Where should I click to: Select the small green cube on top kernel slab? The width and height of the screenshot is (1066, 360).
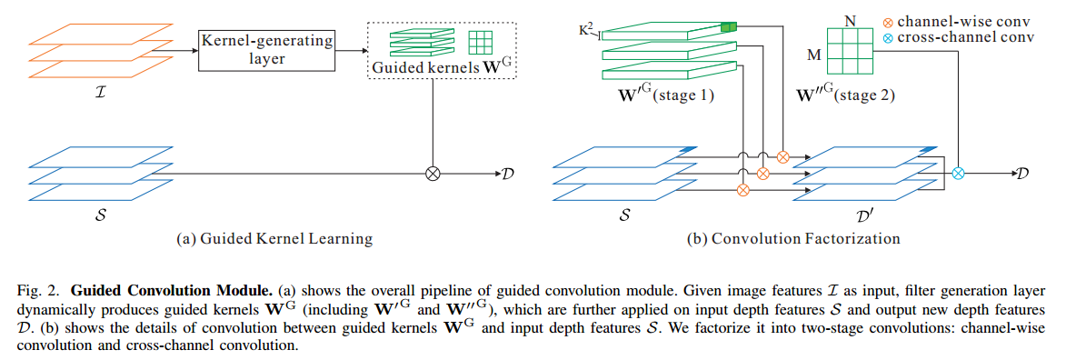(727, 27)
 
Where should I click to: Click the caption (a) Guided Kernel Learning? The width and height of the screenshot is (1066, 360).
(274, 239)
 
